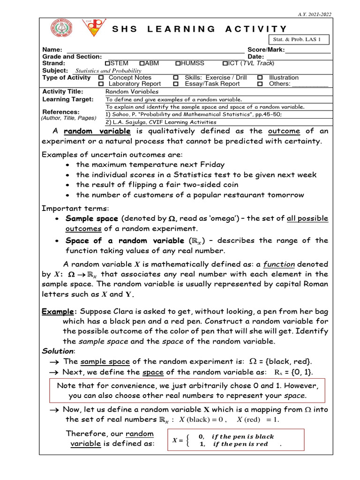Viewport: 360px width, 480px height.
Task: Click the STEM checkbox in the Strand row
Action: click(107, 63)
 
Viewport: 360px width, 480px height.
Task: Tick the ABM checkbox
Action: click(142, 63)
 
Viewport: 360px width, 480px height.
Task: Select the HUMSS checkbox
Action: click(178, 63)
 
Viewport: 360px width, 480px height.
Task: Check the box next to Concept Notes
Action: click(101, 77)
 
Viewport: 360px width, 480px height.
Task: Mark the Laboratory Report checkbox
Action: click(101, 84)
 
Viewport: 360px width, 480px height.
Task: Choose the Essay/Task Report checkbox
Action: click(176, 84)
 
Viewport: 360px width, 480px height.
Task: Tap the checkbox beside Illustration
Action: click(260, 77)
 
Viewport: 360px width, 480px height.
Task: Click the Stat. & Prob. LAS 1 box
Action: click(299, 40)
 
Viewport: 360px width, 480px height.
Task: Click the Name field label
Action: click(52, 50)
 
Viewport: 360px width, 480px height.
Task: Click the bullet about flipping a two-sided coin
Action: click(157, 185)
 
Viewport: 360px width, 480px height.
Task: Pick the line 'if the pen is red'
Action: click(240, 444)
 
